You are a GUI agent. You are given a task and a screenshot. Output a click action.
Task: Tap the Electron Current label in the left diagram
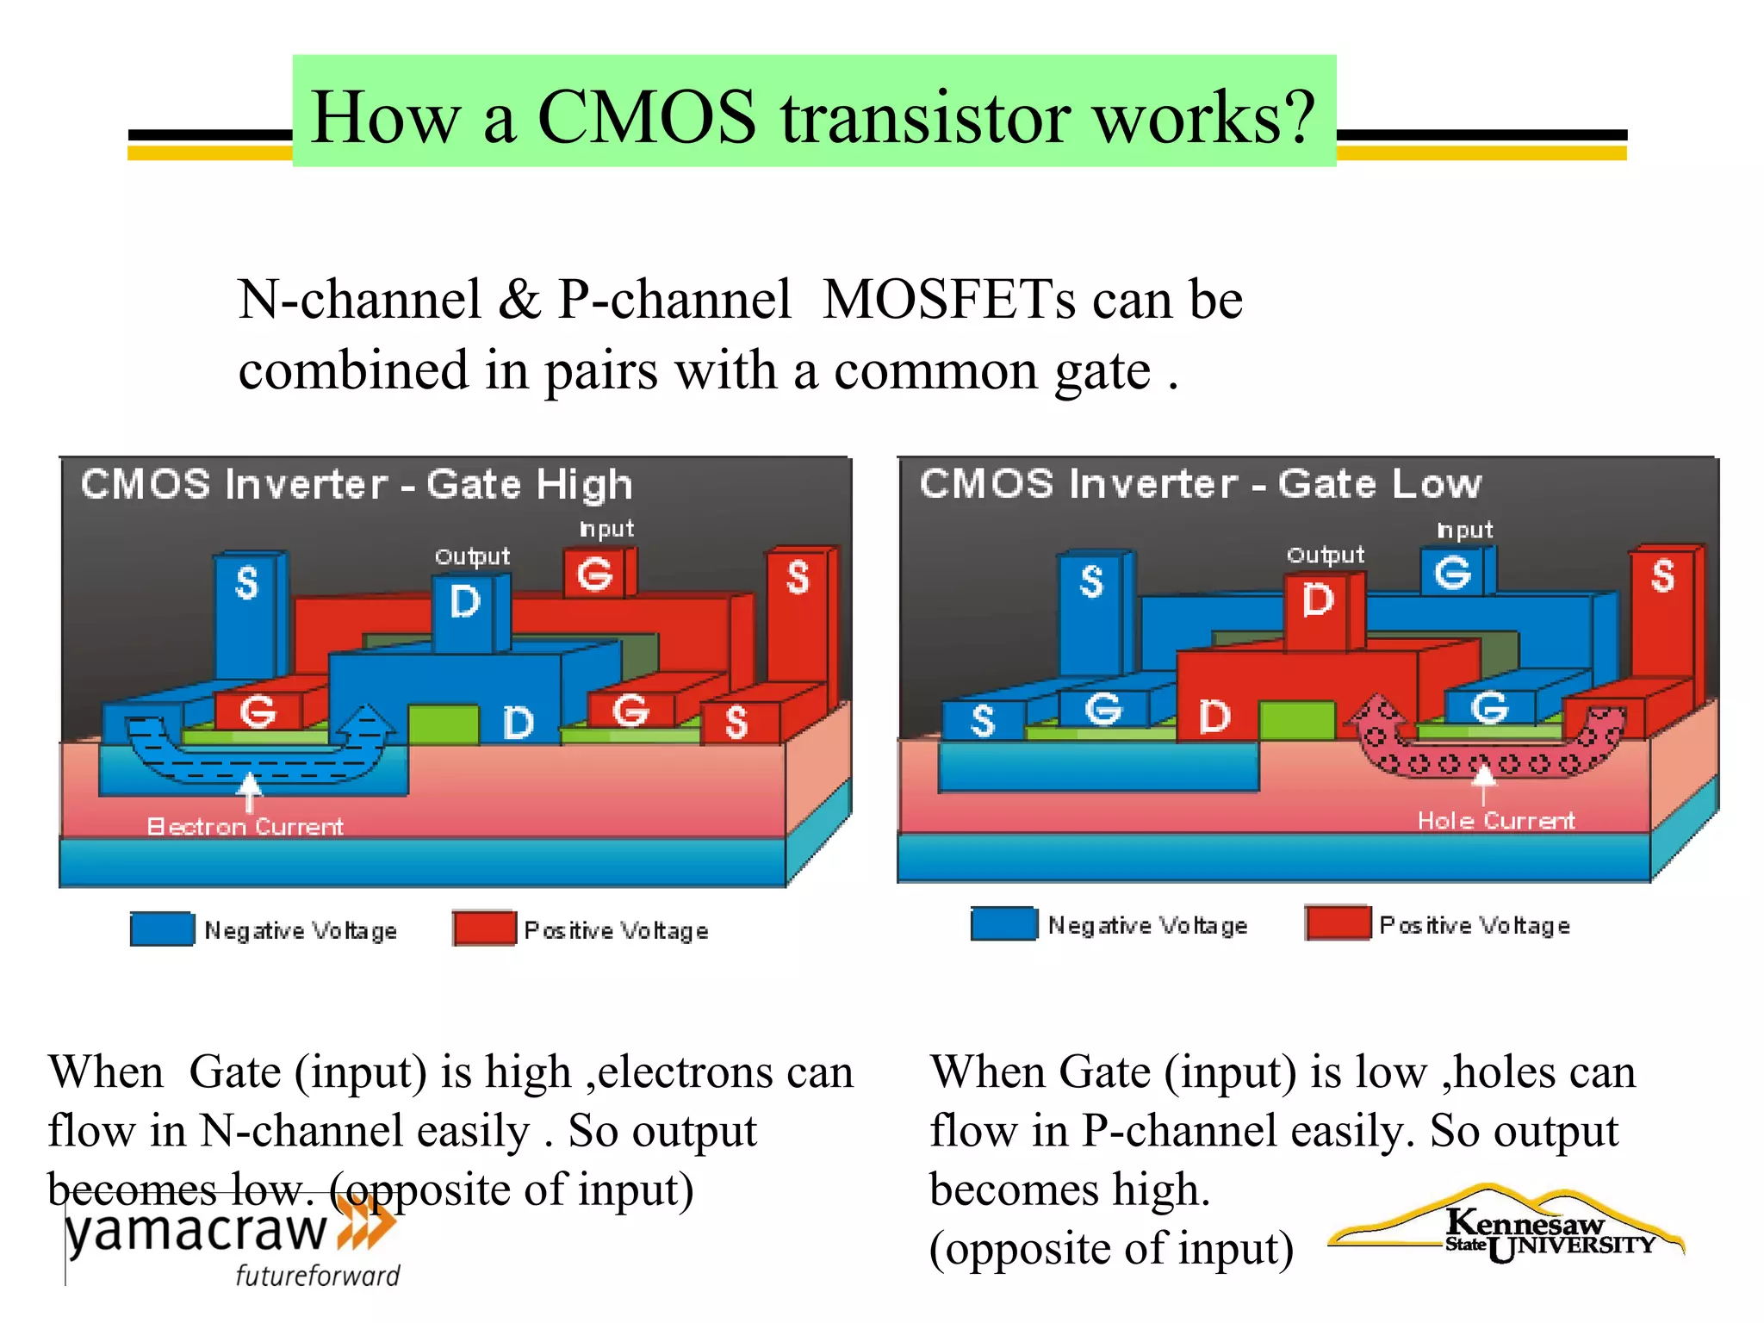point(245,827)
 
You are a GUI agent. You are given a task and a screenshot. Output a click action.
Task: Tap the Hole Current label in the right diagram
point(1496,821)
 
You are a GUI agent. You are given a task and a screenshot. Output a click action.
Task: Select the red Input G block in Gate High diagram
point(595,574)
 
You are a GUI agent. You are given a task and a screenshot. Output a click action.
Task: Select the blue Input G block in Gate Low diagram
point(1453,572)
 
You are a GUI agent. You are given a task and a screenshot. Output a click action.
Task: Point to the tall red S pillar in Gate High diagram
point(798,603)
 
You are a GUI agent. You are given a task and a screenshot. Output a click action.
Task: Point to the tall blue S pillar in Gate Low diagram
point(1091,603)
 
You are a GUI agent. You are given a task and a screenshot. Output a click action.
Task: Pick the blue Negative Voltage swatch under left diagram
point(162,929)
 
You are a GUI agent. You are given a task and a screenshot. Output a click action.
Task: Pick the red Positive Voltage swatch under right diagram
point(1338,923)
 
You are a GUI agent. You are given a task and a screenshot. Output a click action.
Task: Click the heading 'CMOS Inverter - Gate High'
point(357,484)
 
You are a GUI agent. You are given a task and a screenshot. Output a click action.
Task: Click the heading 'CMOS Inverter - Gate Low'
point(1200,483)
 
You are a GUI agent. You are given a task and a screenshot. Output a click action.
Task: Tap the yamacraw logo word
point(196,1232)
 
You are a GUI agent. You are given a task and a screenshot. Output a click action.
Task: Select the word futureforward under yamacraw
point(318,1276)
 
